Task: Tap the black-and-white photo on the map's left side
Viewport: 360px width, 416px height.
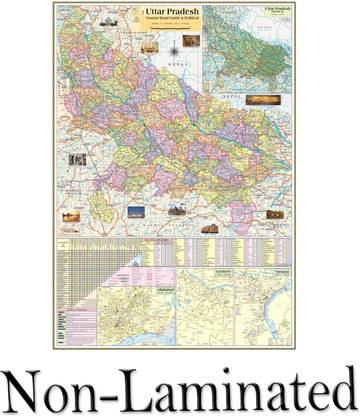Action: (77, 160)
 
